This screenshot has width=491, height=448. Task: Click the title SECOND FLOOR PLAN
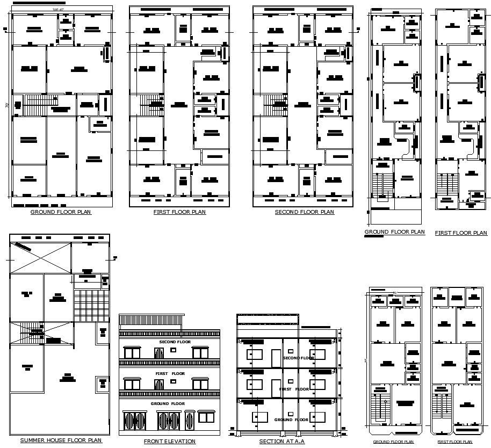tap(304, 212)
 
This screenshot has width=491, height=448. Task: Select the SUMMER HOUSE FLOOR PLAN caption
tap(61, 440)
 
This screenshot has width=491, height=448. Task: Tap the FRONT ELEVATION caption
tap(169, 442)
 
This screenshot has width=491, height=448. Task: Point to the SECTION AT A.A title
tap(282, 442)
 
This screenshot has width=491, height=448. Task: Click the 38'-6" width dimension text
tap(58, 10)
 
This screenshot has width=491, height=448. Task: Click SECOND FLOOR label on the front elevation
tap(175, 342)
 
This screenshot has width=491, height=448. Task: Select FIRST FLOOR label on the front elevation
tap(170, 373)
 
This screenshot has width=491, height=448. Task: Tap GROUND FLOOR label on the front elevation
tap(168, 403)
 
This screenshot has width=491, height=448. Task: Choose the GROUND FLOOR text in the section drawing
tap(291, 420)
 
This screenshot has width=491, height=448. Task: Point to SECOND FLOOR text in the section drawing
tap(298, 358)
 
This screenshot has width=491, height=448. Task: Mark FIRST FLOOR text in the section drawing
tap(293, 389)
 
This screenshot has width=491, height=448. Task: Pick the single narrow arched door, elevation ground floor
tap(190, 420)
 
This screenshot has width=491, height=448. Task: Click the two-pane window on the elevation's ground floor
tap(206, 417)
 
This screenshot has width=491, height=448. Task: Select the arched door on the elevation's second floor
tap(159, 353)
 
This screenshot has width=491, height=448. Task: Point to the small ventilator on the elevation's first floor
tap(173, 381)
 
